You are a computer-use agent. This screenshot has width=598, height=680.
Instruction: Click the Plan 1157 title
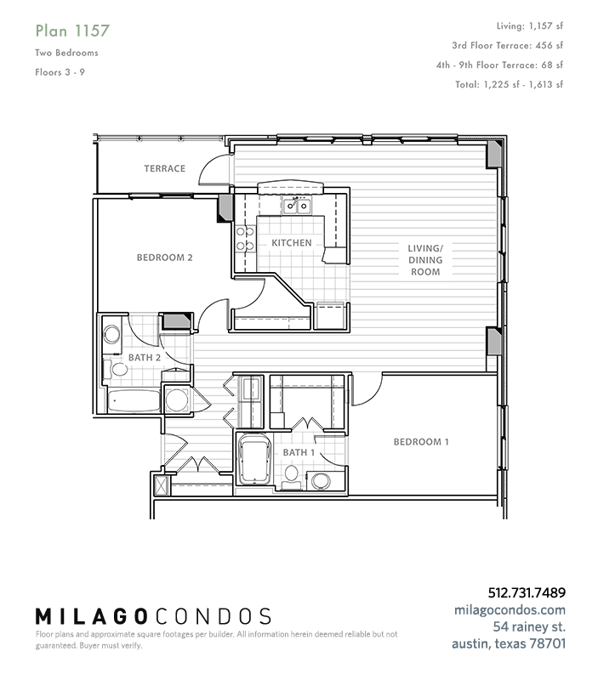click(x=72, y=31)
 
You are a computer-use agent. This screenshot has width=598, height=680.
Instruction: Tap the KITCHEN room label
click(x=292, y=243)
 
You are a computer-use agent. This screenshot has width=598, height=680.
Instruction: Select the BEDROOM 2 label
click(x=164, y=258)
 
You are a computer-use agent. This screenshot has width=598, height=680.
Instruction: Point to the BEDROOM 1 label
click(x=421, y=442)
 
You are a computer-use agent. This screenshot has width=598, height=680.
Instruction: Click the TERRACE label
click(x=165, y=168)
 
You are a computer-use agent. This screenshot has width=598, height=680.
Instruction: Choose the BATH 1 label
click(x=299, y=452)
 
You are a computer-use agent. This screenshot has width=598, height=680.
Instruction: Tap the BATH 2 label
click(x=145, y=358)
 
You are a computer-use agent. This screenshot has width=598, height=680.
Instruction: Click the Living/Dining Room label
click(x=425, y=260)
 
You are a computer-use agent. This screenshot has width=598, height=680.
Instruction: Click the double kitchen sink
click(x=297, y=206)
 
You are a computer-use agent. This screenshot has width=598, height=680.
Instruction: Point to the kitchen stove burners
click(x=245, y=239)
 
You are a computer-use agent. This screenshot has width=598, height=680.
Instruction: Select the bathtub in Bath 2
click(x=134, y=400)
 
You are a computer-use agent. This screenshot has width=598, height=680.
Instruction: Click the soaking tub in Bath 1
click(x=254, y=459)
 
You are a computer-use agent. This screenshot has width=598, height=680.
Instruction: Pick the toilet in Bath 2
click(x=116, y=370)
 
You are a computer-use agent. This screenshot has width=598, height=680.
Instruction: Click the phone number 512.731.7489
click(x=527, y=592)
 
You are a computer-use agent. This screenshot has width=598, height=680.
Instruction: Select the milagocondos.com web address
click(x=510, y=609)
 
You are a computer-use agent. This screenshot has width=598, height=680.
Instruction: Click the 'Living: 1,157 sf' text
click(x=529, y=26)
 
